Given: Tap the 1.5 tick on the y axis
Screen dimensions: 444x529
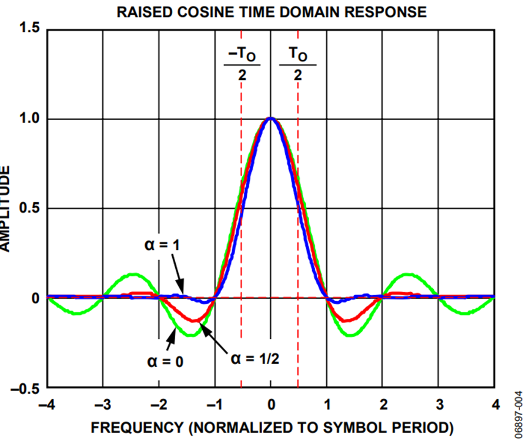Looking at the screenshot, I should tap(30, 28).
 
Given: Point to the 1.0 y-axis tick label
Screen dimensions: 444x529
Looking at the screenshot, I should tap(30, 118).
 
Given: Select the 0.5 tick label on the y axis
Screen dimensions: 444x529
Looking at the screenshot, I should tap(30, 208).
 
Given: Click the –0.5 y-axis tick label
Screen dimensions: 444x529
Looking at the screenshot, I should tap(26, 388).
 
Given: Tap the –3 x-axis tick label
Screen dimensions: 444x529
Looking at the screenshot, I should tap(102, 405).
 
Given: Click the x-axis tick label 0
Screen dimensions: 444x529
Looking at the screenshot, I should tap(270, 405).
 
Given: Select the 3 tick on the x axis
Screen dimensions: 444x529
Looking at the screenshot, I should tap(439, 405).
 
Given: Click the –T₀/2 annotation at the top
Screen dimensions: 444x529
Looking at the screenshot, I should tap(242, 64).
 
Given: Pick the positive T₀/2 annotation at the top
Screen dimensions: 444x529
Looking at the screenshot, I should tap(297, 64).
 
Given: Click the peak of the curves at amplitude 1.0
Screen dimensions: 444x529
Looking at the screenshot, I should tap(270, 119).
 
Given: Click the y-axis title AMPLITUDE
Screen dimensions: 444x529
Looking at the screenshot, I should tap(7, 208).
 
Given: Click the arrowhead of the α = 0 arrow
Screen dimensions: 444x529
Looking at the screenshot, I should tap(175, 332).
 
